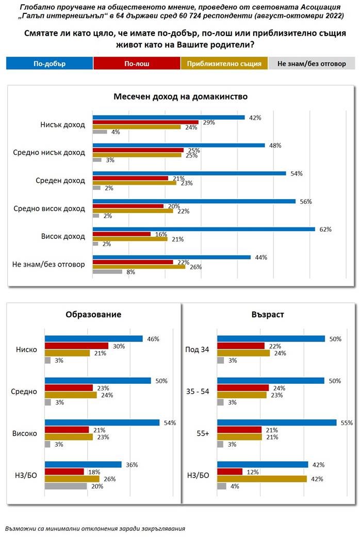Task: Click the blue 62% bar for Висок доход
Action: (x=203, y=229)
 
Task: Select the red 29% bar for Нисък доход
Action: (x=145, y=122)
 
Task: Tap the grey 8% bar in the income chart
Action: (x=107, y=271)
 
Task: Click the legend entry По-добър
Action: (x=50, y=63)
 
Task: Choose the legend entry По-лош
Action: (x=137, y=63)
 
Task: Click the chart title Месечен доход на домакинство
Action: (x=181, y=96)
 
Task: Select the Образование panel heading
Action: (x=93, y=314)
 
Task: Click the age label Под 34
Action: (x=197, y=350)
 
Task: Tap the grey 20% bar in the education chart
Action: (x=66, y=485)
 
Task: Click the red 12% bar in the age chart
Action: (x=230, y=471)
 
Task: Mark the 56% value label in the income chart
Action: (x=306, y=201)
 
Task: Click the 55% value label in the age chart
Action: (x=346, y=423)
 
